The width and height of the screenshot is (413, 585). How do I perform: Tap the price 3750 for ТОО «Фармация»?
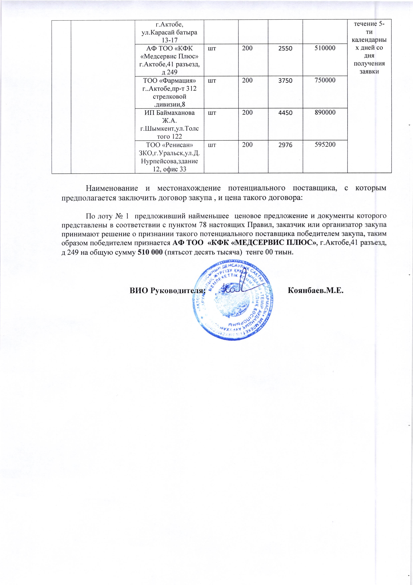[x=285, y=81]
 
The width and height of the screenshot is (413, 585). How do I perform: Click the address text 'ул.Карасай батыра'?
[x=169, y=32]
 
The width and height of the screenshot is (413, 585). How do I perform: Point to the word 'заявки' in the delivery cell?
[x=369, y=71]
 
